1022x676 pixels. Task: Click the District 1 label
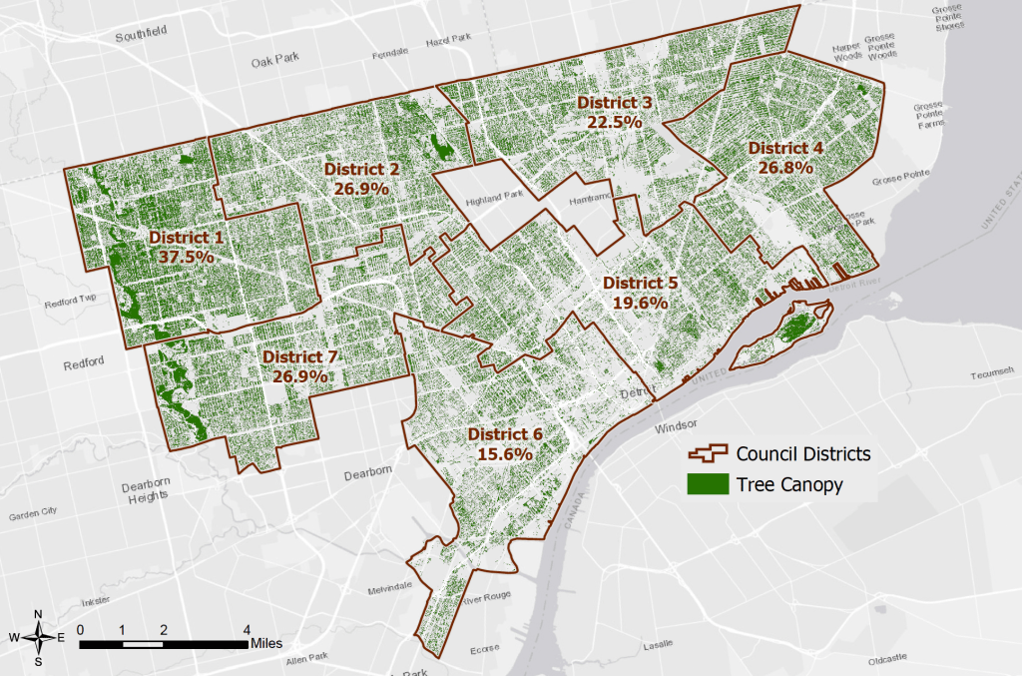click(x=186, y=238)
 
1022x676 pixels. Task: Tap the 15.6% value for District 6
click(x=504, y=452)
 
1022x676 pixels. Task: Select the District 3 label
click(x=614, y=103)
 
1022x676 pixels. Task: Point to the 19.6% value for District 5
click(x=640, y=302)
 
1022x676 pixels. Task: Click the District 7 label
click(x=299, y=357)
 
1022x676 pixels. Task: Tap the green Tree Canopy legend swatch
click(x=707, y=485)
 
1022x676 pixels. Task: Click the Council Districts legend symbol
click(x=707, y=453)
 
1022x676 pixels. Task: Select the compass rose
click(x=38, y=635)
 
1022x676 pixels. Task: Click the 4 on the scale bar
click(x=246, y=629)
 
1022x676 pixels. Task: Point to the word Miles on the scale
click(x=271, y=643)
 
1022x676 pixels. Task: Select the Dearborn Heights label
click(x=147, y=492)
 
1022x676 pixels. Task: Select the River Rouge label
click(x=486, y=600)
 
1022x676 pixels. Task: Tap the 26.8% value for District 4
click(x=785, y=168)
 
